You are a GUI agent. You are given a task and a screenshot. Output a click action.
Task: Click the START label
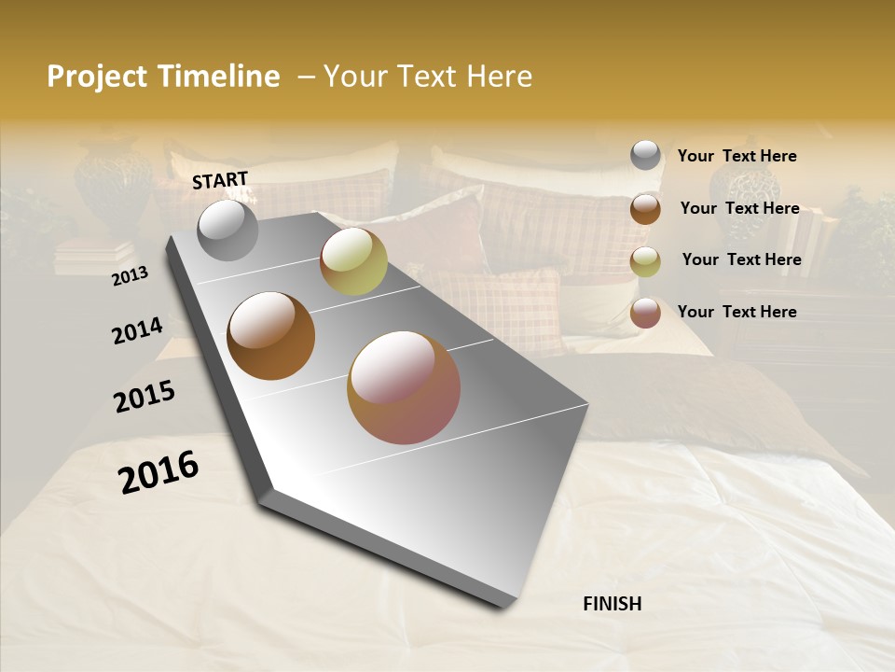(x=220, y=179)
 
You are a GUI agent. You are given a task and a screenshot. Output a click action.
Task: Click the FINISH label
(x=612, y=604)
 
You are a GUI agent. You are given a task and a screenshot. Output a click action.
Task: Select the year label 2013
(x=130, y=276)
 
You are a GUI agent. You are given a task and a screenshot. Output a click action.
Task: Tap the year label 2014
(x=137, y=330)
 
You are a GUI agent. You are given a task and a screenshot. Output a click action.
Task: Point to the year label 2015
(x=145, y=397)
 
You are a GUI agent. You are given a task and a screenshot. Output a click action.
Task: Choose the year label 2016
(x=158, y=471)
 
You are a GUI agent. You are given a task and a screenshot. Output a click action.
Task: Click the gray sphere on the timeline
(x=227, y=230)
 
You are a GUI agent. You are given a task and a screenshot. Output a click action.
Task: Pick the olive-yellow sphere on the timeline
(x=353, y=261)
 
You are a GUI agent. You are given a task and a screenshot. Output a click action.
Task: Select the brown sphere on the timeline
(x=270, y=335)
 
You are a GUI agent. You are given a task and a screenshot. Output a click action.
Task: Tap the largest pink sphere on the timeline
(x=403, y=386)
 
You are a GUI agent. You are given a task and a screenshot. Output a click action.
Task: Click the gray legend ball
(x=645, y=155)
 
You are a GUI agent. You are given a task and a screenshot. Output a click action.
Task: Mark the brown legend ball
(x=645, y=208)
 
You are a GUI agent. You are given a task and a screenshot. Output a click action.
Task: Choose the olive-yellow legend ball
(x=645, y=261)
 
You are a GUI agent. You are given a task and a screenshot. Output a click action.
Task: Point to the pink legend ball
(x=645, y=313)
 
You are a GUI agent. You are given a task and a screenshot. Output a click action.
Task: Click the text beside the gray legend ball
(x=737, y=156)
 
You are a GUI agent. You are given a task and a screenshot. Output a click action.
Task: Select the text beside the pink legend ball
(x=737, y=312)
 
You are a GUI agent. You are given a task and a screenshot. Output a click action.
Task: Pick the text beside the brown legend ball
(x=739, y=208)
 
